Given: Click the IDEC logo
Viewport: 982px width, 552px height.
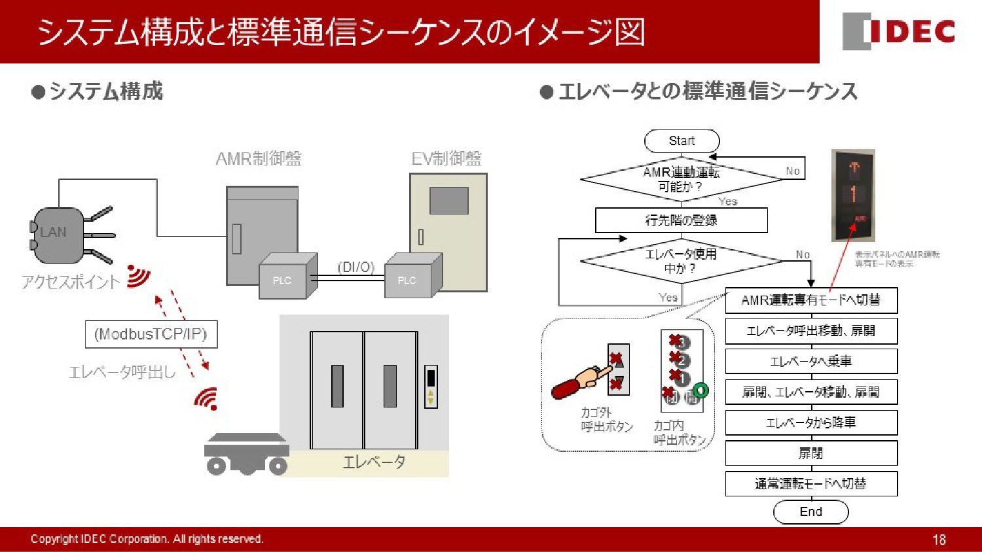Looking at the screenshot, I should point(899,31).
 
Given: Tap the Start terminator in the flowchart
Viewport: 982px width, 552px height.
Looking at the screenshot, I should point(682,141).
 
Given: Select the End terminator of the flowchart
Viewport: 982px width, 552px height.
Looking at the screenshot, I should point(810,512).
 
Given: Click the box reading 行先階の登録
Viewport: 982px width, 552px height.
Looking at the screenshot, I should point(681,220).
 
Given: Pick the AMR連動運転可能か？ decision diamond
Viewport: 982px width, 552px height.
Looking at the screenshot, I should point(681,179).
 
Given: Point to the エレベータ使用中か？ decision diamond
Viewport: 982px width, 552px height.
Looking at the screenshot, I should point(681,261).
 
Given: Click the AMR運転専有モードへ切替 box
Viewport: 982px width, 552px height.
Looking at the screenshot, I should point(810,300).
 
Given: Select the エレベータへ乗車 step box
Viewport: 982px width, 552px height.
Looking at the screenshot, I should point(810,361).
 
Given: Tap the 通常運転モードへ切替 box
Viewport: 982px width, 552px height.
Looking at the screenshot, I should point(810,484).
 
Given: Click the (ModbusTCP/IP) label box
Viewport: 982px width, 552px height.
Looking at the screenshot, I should point(151,334).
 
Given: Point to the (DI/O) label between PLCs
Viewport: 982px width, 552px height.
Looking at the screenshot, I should point(356,267).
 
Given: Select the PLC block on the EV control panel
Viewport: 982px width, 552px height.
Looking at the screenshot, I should point(409,279).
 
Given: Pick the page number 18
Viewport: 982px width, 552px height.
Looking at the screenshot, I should point(939,540).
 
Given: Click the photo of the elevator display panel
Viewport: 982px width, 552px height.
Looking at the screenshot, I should point(853,195).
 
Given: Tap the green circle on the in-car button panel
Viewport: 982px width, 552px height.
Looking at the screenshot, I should point(700,391).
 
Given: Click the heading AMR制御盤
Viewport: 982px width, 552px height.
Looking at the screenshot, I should point(259,158).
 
